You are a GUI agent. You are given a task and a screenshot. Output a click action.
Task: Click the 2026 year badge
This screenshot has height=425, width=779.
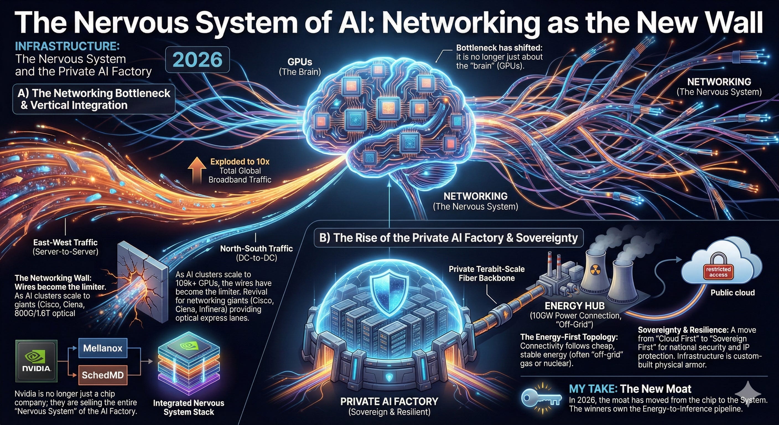[x=198, y=59]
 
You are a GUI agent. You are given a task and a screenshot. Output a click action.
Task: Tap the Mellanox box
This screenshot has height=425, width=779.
[x=103, y=348]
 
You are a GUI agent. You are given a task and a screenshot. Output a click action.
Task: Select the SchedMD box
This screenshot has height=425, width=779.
[x=103, y=375]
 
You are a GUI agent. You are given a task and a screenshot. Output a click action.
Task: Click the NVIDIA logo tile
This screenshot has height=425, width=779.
[x=37, y=361]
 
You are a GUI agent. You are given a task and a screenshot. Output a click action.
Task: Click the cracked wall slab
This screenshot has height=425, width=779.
[x=142, y=281]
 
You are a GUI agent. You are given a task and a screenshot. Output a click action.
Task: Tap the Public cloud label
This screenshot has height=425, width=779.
[x=733, y=292]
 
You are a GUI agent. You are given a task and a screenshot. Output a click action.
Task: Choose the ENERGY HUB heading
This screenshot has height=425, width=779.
[x=575, y=305]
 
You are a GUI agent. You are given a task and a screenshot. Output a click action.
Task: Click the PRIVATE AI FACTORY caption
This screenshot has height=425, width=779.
[x=389, y=401]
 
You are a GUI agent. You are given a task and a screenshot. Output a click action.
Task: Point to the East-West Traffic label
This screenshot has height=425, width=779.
[x=65, y=242]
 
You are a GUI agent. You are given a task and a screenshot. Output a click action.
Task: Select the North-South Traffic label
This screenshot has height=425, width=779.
[x=256, y=248]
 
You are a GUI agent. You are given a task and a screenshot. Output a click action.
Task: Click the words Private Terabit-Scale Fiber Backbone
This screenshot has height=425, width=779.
[x=487, y=273]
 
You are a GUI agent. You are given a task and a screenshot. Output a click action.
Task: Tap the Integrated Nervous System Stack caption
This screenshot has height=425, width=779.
[x=189, y=407]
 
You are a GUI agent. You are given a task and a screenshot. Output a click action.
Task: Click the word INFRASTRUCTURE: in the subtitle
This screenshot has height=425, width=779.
[x=67, y=46]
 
